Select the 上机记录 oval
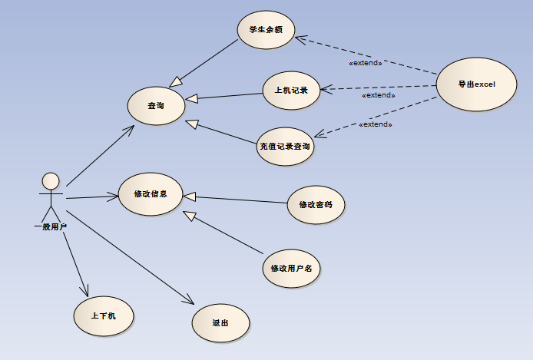[x=291, y=90]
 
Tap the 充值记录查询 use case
[x=286, y=147]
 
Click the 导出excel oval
[x=476, y=84]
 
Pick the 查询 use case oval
[x=156, y=105]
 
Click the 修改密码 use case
[x=316, y=204]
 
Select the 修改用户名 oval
[x=291, y=268]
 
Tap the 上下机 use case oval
[x=103, y=315]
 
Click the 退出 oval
[x=220, y=322]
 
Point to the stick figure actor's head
[x=51, y=181]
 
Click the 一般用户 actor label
[x=51, y=227]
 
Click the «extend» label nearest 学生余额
[x=366, y=63]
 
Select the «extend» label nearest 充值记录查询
[x=376, y=124]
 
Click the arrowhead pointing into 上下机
[x=86, y=292]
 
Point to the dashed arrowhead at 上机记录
[x=326, y=90]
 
